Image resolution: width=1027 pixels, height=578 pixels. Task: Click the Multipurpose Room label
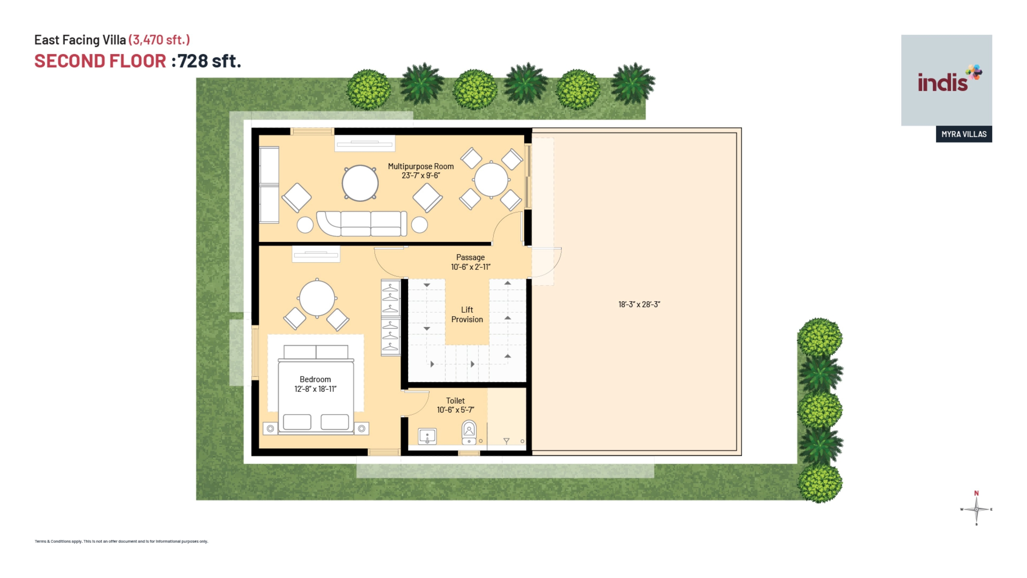coord(420,166)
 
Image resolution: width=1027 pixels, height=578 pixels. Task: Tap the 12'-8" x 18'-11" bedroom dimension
coord(315,389)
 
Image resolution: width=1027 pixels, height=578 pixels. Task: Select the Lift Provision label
coord(467,315)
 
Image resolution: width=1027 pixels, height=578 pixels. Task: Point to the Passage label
coord(470,257)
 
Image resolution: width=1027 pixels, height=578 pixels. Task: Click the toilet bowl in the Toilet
coord(469,432)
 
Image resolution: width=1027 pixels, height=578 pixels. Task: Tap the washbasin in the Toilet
coord(427,436)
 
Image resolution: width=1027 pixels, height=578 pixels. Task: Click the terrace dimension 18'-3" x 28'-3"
coord(639,305)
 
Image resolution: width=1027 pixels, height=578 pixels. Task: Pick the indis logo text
coord(943,82)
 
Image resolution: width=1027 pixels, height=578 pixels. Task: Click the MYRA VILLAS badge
coord(964,134)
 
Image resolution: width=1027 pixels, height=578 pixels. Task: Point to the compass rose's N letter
coord(976,493)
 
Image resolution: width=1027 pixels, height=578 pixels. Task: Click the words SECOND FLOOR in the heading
coord(100,61)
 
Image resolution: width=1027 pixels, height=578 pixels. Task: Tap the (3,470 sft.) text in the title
coord(159,40)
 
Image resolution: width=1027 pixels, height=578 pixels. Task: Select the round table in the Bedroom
coord(317,299)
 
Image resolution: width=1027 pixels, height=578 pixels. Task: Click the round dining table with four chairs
coord(491,180)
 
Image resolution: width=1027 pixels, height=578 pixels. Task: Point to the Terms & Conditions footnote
coord(121,541)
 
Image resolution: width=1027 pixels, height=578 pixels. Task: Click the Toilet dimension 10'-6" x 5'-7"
coord(455,410)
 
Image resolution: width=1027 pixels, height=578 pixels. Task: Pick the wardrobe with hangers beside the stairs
coord(390,317)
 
